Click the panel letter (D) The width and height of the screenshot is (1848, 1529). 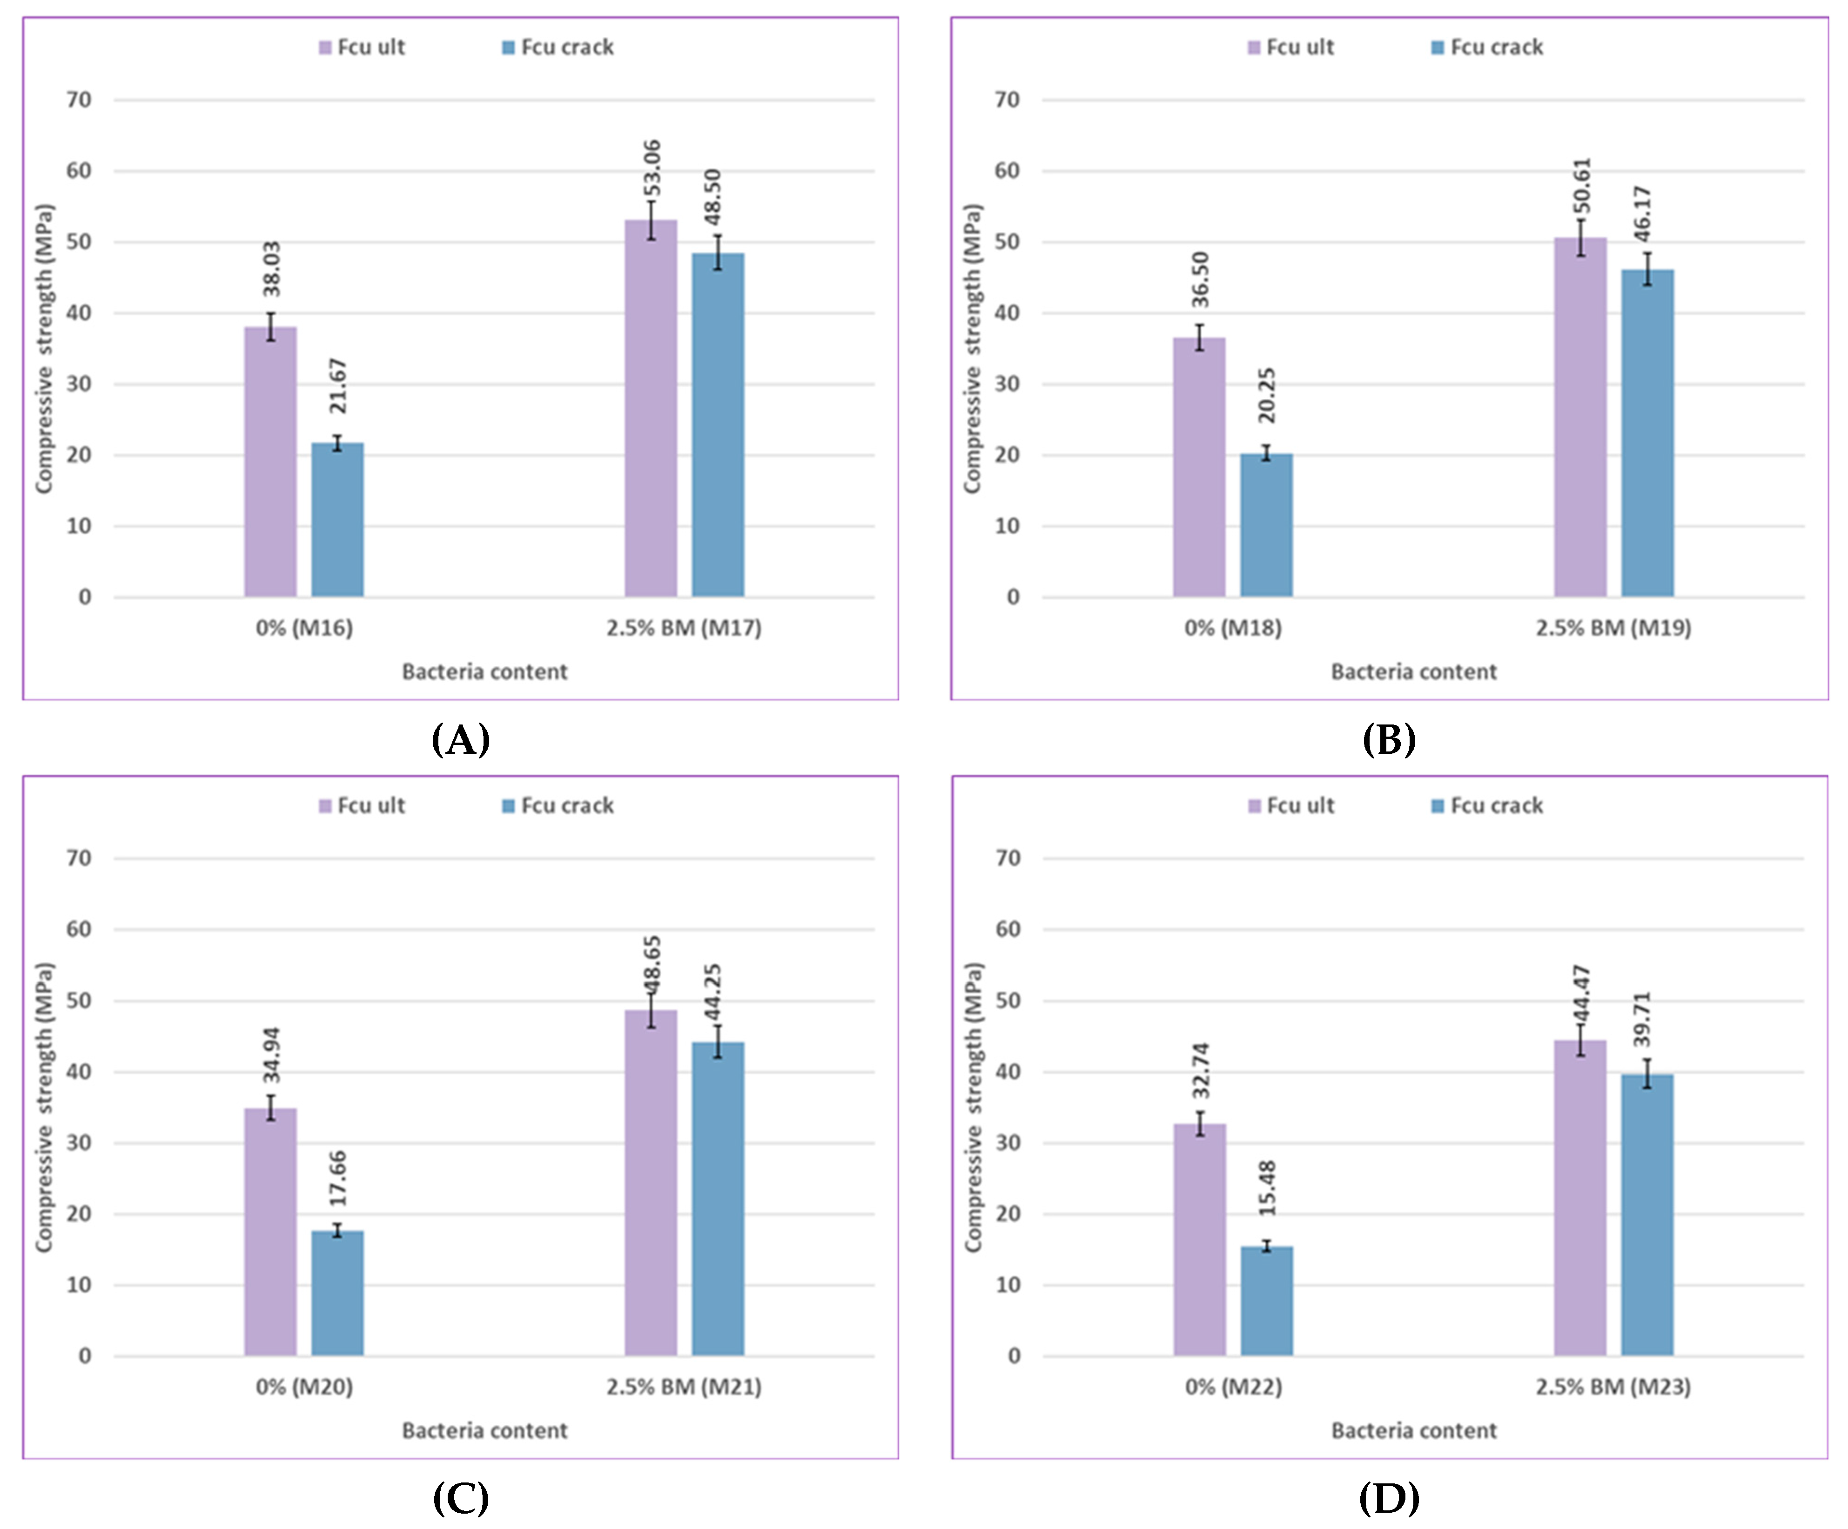[x=1389, y=1498]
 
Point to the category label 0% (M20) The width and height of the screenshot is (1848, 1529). [x=304, y=1388]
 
